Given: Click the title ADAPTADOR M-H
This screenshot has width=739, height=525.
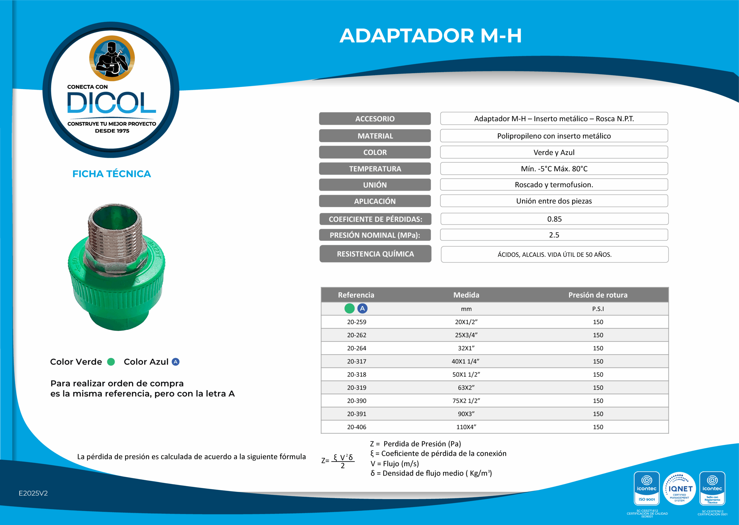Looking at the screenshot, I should click(430, 36).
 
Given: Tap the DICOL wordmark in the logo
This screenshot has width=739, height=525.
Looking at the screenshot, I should click(111, 103).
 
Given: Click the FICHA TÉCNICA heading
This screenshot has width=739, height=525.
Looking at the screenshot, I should click(111, 174).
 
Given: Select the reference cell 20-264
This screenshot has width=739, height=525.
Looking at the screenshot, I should click(357, 348).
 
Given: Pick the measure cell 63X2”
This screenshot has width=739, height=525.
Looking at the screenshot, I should click(466, 387).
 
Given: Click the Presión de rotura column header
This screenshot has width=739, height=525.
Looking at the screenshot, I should click(598, 295).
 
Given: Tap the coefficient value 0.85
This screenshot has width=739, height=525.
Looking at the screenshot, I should click(554, 219).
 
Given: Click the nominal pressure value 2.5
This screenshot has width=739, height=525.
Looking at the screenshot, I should click(554, 235).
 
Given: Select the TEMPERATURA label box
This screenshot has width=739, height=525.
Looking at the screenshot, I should click(375, 169).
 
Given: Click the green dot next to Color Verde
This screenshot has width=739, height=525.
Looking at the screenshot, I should click(111, 362).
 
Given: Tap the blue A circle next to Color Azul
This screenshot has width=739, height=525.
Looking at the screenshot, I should click(176, 362).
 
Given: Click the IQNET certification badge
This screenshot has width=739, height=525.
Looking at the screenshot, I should click(679, 489).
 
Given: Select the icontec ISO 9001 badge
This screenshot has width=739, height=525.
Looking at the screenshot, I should click(646, 489).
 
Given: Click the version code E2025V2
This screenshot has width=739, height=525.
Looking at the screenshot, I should click(33, 493).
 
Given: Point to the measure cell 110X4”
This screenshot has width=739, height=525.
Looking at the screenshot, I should click(466, 427).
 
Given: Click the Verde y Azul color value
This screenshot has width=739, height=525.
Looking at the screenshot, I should click(554, 152).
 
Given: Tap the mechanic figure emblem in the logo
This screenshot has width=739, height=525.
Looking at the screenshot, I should click(112, 58).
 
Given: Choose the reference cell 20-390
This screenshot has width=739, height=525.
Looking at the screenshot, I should click(357, 401).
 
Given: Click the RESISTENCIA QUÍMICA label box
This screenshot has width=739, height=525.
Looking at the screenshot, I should click(375, 254).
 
